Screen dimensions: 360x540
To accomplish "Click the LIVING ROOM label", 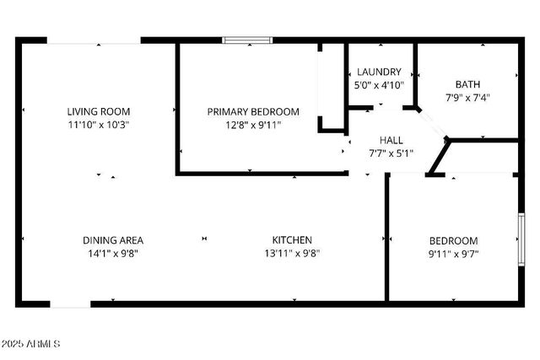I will [99, 111].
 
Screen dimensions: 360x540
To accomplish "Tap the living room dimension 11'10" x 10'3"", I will [99, 125].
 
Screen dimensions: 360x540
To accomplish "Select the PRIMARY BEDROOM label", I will [253, 111].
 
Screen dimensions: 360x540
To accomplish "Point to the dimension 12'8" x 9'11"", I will [253, 125].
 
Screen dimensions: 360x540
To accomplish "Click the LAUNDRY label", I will [379, 72].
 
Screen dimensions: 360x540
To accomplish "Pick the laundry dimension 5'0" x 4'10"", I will [379, 84].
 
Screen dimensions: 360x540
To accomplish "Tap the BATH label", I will [467, 83].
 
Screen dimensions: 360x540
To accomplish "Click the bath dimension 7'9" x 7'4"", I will [467, 97].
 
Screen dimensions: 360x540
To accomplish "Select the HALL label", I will [391, 140].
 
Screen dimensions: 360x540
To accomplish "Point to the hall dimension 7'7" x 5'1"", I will [391, 153].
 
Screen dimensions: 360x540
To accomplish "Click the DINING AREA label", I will [112, 239].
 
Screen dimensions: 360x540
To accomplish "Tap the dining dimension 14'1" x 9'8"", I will [112, 253].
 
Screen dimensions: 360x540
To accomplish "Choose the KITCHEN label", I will [292, 239].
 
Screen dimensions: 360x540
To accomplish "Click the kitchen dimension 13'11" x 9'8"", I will [292, 253].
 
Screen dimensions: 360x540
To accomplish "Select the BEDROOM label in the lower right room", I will [453, 239].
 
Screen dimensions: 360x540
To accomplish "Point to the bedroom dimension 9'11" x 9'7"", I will [453, 253].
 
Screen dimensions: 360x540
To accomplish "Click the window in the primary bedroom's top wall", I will [247, 39].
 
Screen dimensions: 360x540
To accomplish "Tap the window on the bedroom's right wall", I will [521, 239].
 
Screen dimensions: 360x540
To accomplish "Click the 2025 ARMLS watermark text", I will [31, 344].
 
